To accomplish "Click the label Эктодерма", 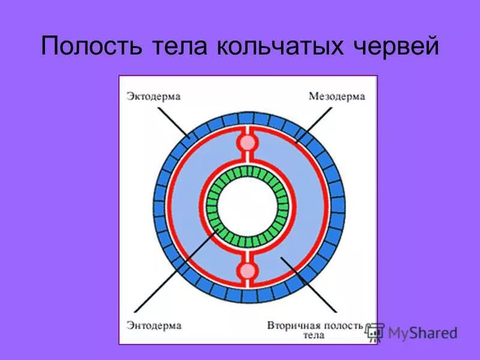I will click(154, 96).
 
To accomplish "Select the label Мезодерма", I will click(337, 96).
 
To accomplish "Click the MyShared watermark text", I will click(422, 332).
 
